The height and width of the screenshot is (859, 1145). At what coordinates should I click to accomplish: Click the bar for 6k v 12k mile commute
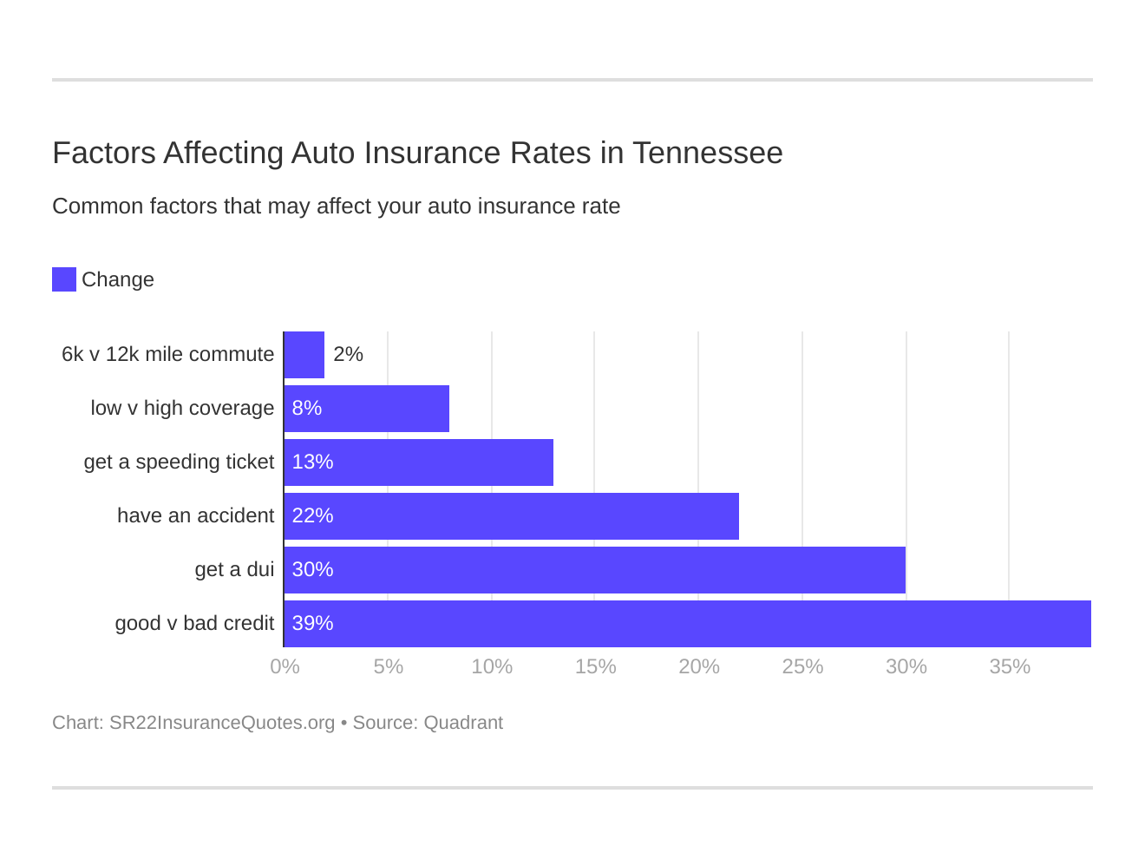[x=304, y=355]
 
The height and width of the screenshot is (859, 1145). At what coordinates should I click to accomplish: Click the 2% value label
[x=348, y=355]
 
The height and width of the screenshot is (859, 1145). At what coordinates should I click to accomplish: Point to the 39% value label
[x=312, y=624]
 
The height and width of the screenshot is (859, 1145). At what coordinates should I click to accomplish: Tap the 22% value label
[x=312, y=516]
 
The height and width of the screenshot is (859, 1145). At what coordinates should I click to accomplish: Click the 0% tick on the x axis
[x=285, y=666]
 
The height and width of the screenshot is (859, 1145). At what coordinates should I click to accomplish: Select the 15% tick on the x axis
[x=595, y=666]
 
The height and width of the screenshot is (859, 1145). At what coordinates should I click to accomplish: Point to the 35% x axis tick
[x=1010, y=666]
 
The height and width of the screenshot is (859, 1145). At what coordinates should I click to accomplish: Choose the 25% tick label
[x=802, y=666]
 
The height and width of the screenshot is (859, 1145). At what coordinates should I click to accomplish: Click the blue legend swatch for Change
[x=64, y=279]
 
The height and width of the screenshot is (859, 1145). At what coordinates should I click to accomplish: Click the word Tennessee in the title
[x=707, y=153]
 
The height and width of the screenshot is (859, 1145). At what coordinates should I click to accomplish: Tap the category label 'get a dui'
[x=234, y=570]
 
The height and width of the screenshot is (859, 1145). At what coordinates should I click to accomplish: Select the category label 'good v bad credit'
[x=194, y=624]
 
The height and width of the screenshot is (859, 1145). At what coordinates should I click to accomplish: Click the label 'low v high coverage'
[x=182, y=409]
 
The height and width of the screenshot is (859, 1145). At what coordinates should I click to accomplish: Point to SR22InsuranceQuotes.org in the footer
[x=221, y=723]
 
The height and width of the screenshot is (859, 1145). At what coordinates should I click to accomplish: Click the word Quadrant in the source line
[x=463, y=723]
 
